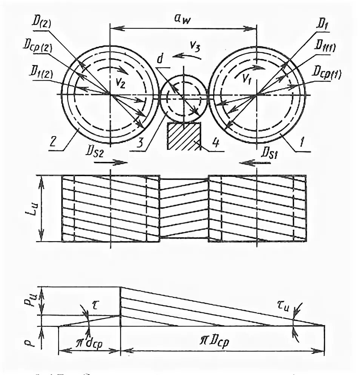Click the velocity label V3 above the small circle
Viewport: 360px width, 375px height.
coord(195,47)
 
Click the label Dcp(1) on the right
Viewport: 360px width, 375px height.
coord(328,74)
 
